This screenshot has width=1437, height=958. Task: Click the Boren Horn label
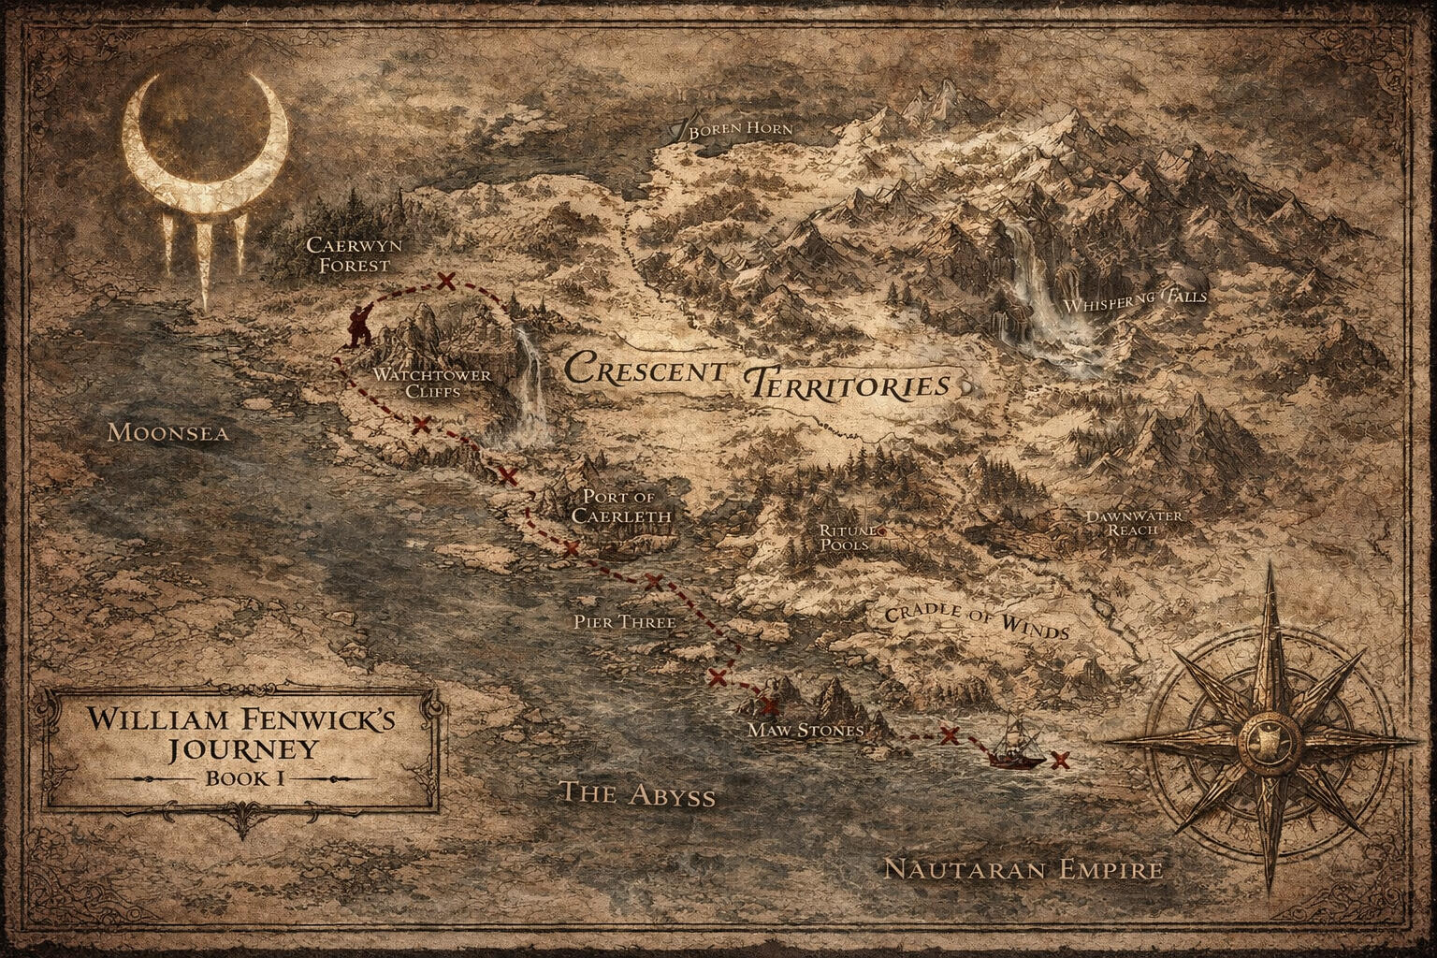[x=740, y=129]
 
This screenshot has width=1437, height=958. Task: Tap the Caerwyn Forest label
[x=349, y=254]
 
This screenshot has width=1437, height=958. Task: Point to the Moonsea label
[x=167, y=432]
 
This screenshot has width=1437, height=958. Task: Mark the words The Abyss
[x=636, y=794]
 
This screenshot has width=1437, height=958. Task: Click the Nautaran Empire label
[x=1023, y=870]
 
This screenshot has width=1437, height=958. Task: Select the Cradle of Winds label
[x=976, y=620]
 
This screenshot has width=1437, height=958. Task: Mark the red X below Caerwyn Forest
[x=446, y=280]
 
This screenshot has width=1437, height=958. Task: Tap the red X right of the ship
[x=1060, y=759]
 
